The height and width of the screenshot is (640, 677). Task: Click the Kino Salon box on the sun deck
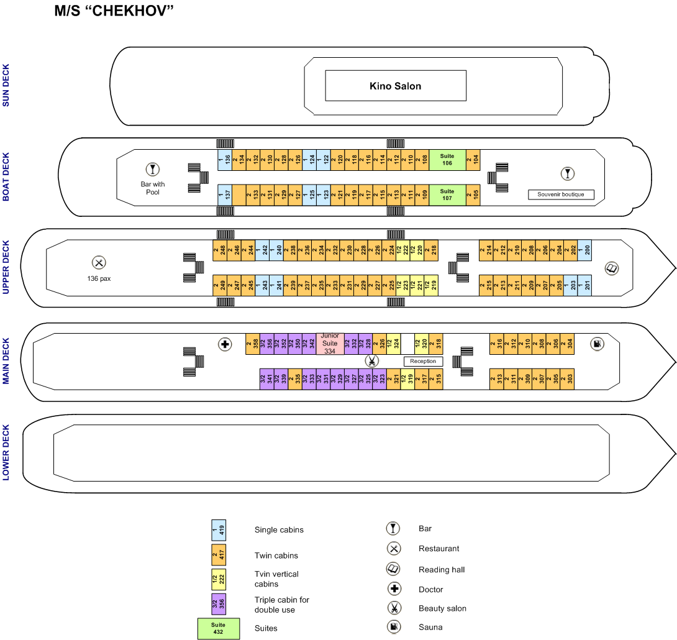point(396,86)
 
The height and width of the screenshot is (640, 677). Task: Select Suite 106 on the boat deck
point(447,160)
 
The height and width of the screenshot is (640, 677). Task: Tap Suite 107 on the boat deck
point(447,195)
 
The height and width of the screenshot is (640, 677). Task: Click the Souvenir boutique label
point(561,194)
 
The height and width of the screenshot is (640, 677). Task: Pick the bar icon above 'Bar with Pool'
point(152,168)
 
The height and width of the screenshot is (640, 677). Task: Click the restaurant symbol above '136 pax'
point(98,263)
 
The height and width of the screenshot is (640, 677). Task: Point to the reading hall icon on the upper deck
point(612,268)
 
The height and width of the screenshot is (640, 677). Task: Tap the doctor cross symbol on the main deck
point(225,344)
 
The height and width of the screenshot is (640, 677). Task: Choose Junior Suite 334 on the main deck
point(330,344)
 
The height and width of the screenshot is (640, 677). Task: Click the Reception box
point(424,361)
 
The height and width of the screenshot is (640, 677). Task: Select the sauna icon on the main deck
point(597,344)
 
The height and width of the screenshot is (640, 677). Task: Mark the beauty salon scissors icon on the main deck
point(371,361)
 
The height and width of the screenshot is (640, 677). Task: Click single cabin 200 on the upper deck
point(584,250)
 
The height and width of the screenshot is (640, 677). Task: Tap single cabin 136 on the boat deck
point(225,160)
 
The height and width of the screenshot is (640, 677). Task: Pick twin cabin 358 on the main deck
point(253,344)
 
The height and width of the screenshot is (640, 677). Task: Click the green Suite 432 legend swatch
point(219,628)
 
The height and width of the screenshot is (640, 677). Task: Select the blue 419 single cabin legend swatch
point(219,530)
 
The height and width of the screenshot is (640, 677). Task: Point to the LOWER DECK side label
point(7,453)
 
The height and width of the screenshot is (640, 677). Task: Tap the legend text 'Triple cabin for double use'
point(282,605)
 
